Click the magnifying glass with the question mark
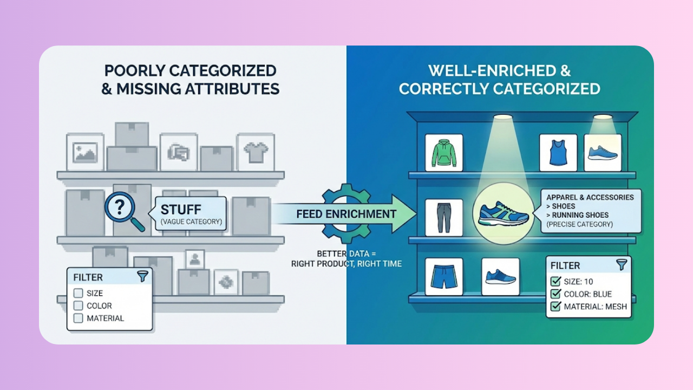point(120,207)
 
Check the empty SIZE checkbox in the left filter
point(78,293)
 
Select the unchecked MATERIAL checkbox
point(78,318)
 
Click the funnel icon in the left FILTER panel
point(142,276)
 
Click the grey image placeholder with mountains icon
point(85,152)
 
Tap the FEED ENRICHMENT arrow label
point(346,214)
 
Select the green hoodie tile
point(444,153)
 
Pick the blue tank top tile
point(558,153)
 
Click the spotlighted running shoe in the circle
point(503,213)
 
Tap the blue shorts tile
point(444,276)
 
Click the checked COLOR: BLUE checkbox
point(555,294)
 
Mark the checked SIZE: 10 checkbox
point(555,281)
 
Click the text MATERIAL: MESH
point(596,307)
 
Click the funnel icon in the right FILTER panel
point(622,265)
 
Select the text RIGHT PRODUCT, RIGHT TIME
point(346,264)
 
